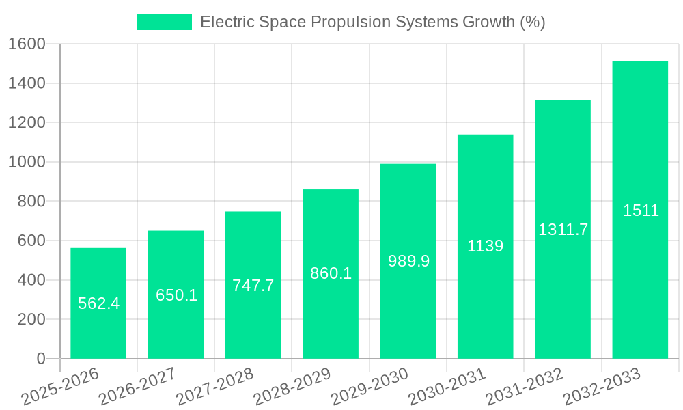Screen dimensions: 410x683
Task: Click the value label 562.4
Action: tap(98, 303)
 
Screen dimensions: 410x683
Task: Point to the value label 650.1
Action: tap(176, 295)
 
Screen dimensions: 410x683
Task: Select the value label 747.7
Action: tap(253, 286)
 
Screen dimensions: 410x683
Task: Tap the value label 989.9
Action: tap(408, 261)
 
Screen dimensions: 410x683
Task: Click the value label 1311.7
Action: tap(563, 230)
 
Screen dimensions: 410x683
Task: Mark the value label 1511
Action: tap(641, 210)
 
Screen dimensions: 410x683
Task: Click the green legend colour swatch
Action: tap(165, 22)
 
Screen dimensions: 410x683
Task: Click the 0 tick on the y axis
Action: tap(40, 359)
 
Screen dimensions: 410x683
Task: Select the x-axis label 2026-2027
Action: tap(137, 387)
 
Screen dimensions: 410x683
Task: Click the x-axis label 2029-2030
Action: tap(370, 387)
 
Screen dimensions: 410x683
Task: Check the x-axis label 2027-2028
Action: tap(215, 387)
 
